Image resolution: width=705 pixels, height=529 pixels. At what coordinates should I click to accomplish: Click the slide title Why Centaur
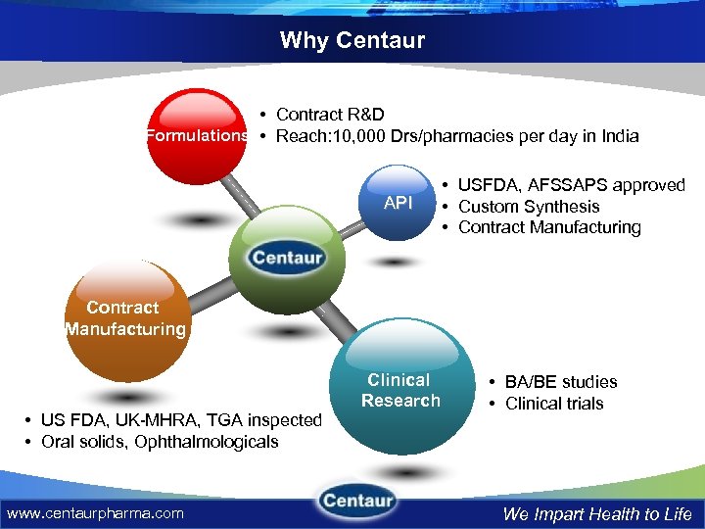point(352,40)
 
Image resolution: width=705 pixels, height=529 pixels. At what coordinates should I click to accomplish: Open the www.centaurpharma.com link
point(95,512)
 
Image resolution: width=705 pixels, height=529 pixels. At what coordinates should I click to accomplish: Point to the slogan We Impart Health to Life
point(597,513)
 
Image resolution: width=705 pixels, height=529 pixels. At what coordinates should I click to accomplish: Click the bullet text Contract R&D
point(323,115)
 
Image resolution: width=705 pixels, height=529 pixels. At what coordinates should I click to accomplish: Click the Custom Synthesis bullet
point(528,206)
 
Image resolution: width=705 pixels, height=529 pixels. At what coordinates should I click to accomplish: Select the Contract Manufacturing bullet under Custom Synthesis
point(548,227)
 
